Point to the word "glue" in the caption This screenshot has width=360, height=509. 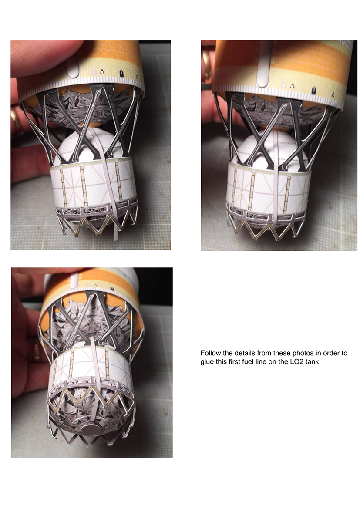[207, 362]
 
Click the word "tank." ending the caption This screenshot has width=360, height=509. [313, 362]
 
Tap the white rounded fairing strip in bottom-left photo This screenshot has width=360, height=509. [74, 280]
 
